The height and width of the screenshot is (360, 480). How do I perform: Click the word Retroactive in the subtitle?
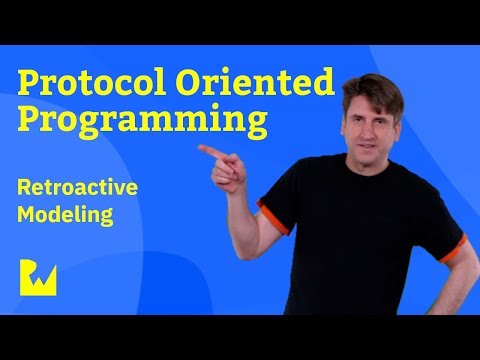pyautogui.click(x=96, y=186)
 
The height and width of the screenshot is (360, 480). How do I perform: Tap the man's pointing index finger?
pyautogui.click(x=205, y=150)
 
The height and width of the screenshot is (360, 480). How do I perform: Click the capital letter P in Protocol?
pyautogui.click(x=32, y=83)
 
